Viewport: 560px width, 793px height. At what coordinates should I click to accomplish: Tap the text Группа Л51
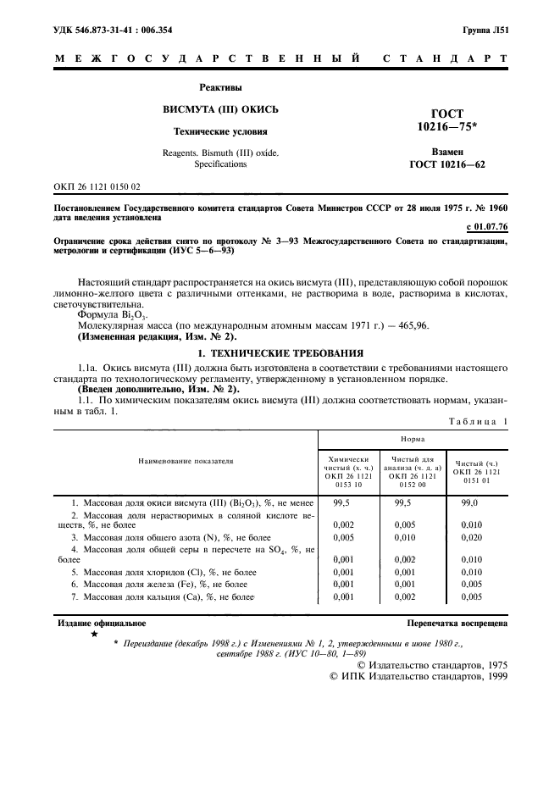[x=485, y=30]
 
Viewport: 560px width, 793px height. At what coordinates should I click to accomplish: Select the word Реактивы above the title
[x=219, y=88]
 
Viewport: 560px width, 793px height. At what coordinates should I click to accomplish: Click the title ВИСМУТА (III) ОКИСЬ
[x=219, y=110]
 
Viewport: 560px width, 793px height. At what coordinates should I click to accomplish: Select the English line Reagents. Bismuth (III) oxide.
[x=219, y=152]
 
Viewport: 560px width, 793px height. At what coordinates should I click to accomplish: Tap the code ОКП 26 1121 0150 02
[x=97, y=186]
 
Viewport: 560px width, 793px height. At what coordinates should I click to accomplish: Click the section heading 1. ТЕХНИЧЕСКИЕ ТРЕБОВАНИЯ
[x=280, y=352]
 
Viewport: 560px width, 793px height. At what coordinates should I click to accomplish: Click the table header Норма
[x=413, y=441]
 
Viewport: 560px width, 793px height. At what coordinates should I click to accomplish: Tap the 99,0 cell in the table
[x=471, y=503]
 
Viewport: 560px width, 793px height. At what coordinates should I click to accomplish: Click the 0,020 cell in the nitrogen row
[x=471, y=536]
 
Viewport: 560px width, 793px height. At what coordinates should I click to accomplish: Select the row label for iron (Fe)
[x=161, y=585]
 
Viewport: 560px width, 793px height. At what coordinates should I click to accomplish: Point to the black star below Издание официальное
[x=93, y=634]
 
